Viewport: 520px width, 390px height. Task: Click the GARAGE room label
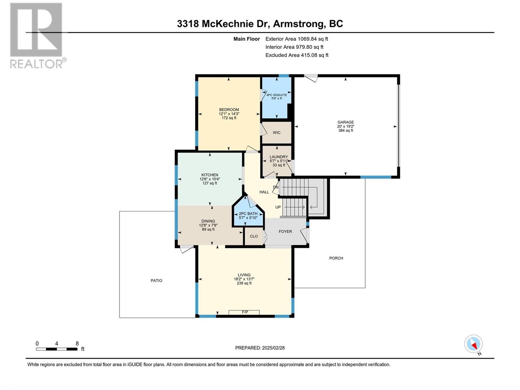(345, 122)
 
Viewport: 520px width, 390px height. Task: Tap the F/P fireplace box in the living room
(244, 312)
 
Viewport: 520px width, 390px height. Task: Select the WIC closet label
(277, 133)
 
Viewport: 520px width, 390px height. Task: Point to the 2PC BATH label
(248, 214)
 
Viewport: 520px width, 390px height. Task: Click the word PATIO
(156, 280)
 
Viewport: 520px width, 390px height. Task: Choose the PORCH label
(336, 258)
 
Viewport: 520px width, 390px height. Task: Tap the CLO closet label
(254, 236)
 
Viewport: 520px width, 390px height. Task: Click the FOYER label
(285, 231)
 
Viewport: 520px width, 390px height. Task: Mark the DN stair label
(276, 187)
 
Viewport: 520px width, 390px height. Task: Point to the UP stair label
(278, 207)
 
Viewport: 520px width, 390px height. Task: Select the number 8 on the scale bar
(77, 344)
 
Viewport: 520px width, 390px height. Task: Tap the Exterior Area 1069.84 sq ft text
(297, 39)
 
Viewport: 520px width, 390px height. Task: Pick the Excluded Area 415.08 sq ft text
(297, 55)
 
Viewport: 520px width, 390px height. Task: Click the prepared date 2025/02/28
(273, 348)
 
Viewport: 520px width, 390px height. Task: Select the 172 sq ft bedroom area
(229, 118)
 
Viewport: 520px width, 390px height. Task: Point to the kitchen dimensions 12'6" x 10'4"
(210, 179)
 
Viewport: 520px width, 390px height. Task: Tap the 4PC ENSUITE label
(277, 95)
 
